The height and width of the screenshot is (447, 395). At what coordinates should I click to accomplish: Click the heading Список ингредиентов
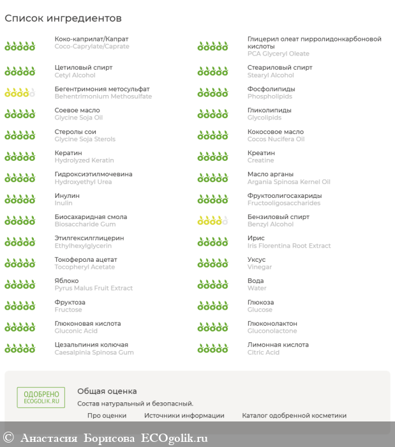click(63, 19)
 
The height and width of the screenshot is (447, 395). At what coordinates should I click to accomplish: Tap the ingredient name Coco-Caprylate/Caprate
click(92, 47)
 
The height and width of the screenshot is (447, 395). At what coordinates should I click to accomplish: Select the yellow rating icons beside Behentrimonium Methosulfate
click(20, 93)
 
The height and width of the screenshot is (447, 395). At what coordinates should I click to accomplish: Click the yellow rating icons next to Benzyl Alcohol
click(212, 221)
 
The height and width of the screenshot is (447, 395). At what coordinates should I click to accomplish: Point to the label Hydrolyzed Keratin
click(84, 160)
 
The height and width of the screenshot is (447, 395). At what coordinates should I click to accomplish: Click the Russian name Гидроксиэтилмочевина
click(94, 174)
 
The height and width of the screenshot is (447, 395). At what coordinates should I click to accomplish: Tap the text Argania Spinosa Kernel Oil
click(289, 182)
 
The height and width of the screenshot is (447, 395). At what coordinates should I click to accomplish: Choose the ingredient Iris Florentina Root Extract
click(289, 246)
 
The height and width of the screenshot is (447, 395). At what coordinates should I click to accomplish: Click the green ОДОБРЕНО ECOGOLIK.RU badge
click(41, 397)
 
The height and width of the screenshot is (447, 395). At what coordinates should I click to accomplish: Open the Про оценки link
click(107, 415)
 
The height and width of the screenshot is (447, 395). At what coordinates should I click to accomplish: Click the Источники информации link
click(184, 415)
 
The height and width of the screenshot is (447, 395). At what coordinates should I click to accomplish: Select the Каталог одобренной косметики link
click(294, 415)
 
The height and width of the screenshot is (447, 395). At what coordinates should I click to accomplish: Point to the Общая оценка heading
click(107, 391)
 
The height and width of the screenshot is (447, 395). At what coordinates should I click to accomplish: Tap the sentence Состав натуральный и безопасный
click(135, 404)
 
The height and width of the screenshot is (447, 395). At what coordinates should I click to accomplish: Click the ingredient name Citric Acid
click(264, 352)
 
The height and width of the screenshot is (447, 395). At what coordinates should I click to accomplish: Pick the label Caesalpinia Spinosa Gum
click(94, 352)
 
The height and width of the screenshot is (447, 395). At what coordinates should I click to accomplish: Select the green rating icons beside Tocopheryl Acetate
click(20, 263)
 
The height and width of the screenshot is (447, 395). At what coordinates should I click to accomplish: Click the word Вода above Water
click(255, 281)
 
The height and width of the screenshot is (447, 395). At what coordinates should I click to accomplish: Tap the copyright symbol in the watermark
click(9, 438)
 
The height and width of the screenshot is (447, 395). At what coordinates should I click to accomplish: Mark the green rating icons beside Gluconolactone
click(212, 328)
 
